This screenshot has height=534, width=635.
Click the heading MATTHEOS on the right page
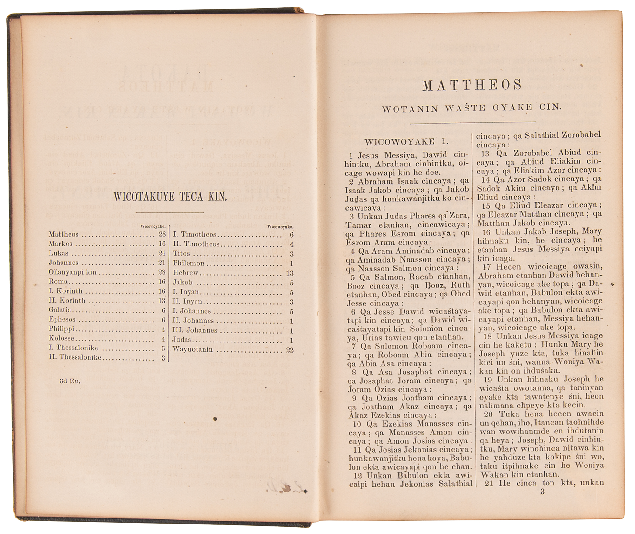coord(472,85)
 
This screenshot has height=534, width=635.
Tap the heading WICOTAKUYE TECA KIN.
coord(170,197)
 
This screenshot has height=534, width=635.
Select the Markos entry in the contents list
coord(61,244)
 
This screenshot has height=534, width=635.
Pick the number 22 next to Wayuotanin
coord(290,350)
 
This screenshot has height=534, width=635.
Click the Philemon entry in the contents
coord(189,263)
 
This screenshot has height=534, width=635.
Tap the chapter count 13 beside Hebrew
coord(290,273)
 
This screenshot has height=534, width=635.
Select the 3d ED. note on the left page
coord(70,381)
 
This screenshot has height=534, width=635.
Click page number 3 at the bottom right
coord(542,492)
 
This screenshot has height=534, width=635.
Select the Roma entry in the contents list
coord(58,282)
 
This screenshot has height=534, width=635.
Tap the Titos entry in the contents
coord(181,253)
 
